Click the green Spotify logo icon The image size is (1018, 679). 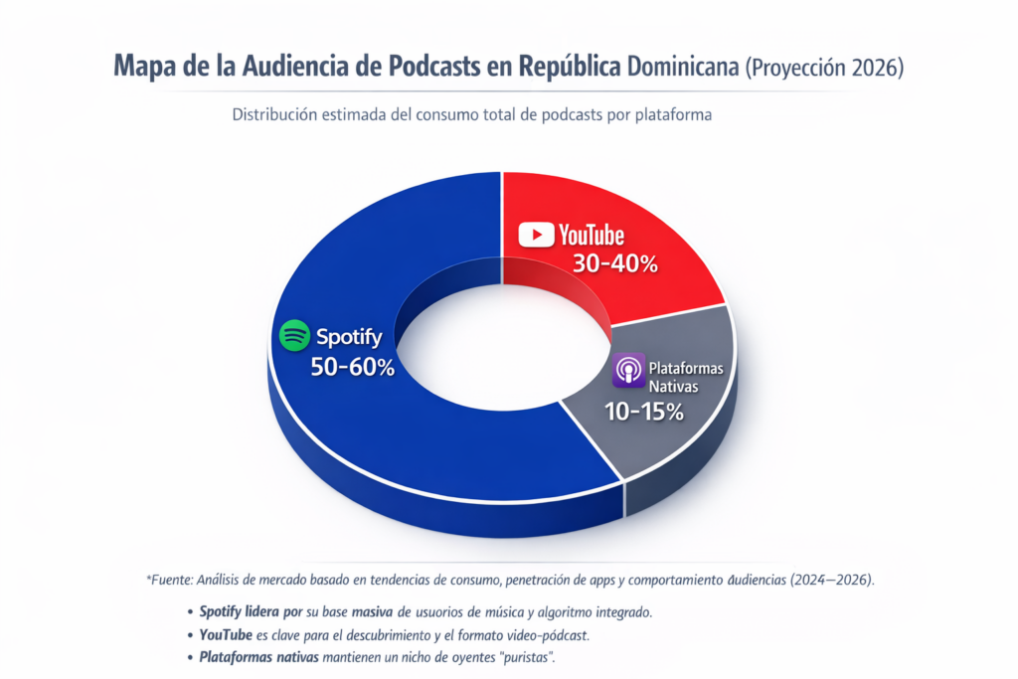coord(294,336)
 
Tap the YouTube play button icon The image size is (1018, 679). coord(537,235)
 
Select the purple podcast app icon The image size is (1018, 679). coord(628,372)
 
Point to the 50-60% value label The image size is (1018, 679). coord(352,367)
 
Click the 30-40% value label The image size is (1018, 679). coord(615,264)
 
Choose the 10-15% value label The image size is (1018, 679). coord(644,412)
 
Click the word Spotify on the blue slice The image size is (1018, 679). coord(349,336)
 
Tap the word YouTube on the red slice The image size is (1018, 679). coord(592,235)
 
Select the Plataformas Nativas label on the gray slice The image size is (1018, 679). coord(685,377)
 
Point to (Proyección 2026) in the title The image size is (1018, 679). coord(824,67)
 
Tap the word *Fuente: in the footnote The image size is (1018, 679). coord(168,580)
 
